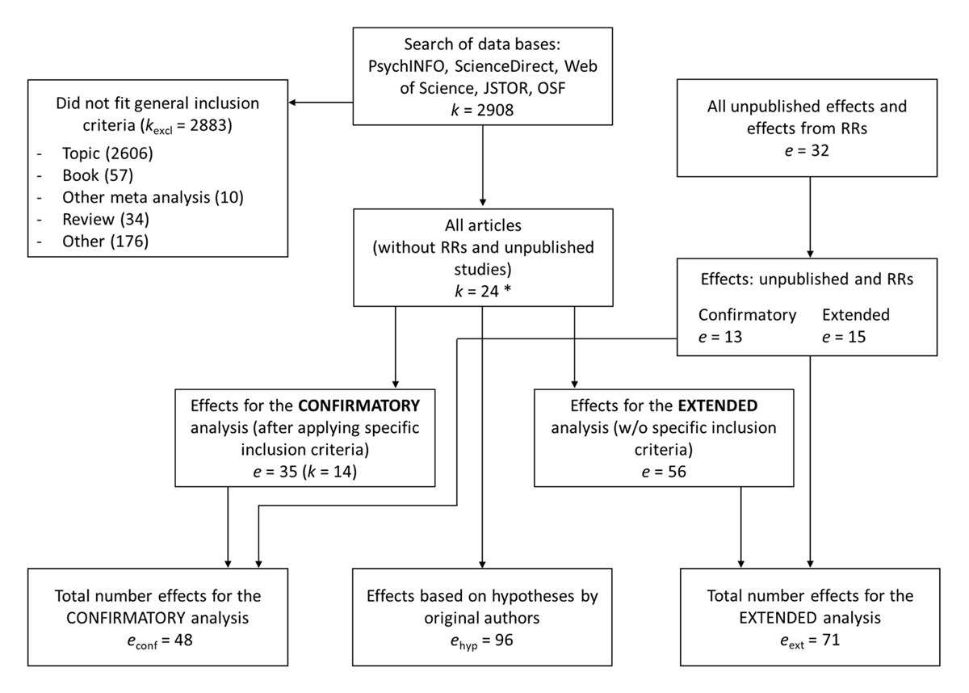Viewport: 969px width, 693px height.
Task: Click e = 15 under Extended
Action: pos(844,335)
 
